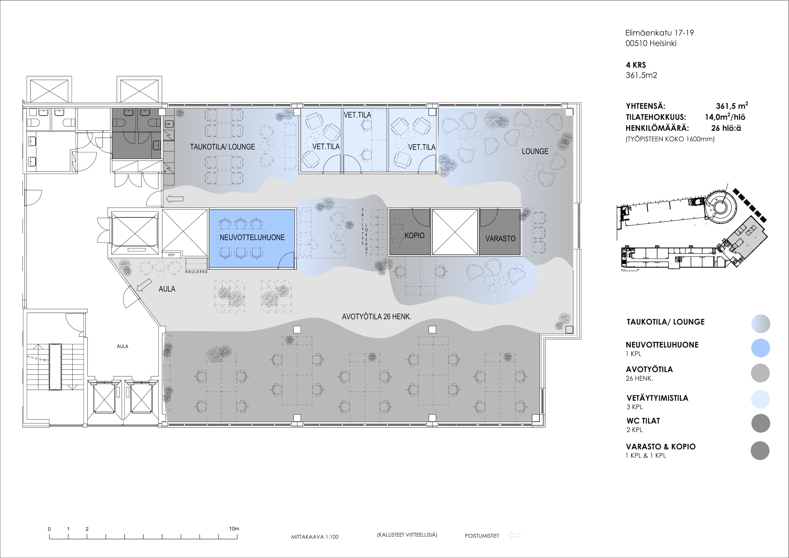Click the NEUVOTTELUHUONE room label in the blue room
point(252,237)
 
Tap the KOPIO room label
point(414,235)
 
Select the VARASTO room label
point(500,239)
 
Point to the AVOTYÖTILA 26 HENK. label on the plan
point(377,317)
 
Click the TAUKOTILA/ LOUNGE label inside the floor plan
point(223,147)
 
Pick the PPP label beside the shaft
point(171,255)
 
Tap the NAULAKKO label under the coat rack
point(197,272)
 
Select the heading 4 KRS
point(636,65)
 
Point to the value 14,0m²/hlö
point(725,117)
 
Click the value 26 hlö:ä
point(726,128)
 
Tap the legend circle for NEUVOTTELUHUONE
point(761,348)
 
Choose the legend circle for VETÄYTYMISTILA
point(761,399)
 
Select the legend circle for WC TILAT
point(761,423)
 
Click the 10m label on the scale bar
point(234,529)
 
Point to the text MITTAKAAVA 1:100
point(315,537)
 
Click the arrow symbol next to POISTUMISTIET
point(514,535)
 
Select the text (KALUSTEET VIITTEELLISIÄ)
point(407,535)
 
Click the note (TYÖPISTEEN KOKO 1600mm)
point(670,139)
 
